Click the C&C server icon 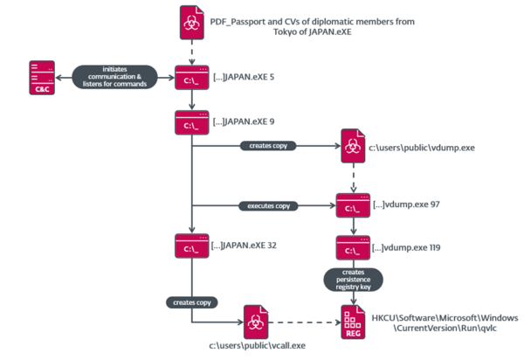41,78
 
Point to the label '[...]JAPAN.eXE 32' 245,246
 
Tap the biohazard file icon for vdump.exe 352,148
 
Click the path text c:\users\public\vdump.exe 421,148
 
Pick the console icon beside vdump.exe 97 352,206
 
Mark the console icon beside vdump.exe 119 352,247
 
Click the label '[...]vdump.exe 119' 406,247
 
